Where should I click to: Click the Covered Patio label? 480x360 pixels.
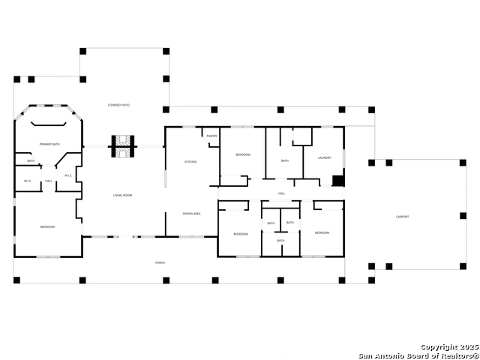(x=118, y=105)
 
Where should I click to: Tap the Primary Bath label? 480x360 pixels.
(x=49, y=143)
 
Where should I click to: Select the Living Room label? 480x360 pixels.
(x=122, y=196)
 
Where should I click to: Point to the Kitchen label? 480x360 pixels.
(x=190, y=162)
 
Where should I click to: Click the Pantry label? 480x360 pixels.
(x=212, y=136)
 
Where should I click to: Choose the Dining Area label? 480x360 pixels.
(x=191, y=214)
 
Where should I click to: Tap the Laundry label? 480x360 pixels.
(x=324, y=157)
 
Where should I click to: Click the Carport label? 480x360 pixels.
(x=403, y=217)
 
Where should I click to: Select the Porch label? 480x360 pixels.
(x=160, y=262)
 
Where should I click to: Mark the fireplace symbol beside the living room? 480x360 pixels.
(x=122, y=145)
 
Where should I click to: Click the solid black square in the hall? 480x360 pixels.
(x=338, y=181)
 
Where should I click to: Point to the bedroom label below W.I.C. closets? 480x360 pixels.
(x=46, y=226)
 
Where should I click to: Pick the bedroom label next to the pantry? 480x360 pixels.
(x=243, y=154)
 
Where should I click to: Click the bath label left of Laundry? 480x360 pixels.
(x=284, y=160)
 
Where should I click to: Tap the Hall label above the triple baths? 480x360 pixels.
(x=281, y=193)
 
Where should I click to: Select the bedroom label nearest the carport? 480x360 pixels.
(x=322, y=233)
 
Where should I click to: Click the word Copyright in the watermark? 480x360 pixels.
(x=437, y=347)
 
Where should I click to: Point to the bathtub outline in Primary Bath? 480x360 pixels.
(x=49, y=126)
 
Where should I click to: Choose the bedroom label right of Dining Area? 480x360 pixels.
(x=240, y=234)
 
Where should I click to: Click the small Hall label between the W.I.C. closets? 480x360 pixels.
(x=48, y=181)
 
